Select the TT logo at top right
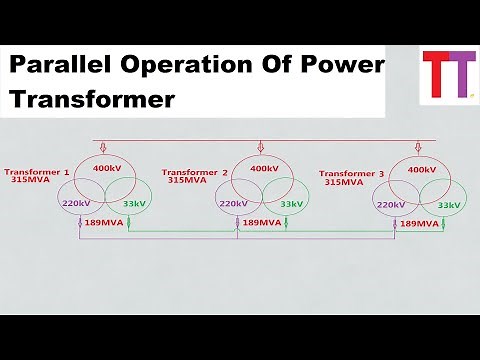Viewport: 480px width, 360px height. [x=446, y=74]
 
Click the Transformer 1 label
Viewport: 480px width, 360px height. [x=37, y=172]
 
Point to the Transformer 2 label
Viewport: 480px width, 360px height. [x=195, y=172]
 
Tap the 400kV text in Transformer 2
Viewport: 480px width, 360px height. [x=264, y=169]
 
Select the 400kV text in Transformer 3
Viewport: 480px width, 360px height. [x=422, y=170]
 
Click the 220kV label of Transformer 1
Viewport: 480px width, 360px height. [x=76, y=203]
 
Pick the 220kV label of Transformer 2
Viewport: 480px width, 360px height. [x=233, y=203]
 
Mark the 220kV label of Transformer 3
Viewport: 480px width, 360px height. [x=391, y=204]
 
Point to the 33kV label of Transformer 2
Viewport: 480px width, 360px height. [x=292, y=203]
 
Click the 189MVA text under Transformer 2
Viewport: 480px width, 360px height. [x=262, y=223]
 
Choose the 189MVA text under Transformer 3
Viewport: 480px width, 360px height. [x=420, y=224]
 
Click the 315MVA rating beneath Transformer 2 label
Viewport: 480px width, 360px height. [x=187, y=181]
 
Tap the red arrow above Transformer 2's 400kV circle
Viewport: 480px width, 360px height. [x=261, y=146]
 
